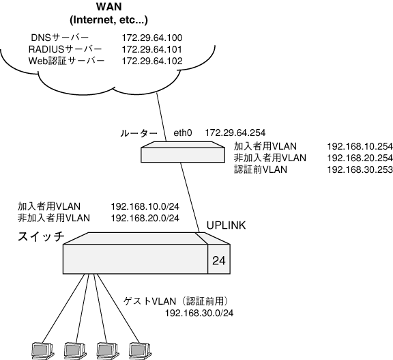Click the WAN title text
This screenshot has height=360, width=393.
tap(108, 7)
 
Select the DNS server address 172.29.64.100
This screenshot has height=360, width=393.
tap(152, 38)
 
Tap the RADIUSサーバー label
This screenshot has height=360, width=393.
tap(65, 49)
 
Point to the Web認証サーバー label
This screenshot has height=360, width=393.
tap(66, 61)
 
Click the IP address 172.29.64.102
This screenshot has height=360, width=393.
tap(152, 61)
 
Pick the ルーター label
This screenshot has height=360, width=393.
tap(139, 133)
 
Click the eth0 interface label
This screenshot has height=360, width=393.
tap(183, 133)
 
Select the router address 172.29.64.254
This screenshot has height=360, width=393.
tap(235, 133)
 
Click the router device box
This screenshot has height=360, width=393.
tap(183, 152)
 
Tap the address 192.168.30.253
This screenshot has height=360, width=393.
tap(360, 169)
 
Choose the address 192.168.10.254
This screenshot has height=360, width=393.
tap(360, 146)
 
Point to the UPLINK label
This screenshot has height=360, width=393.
tap(226, 225)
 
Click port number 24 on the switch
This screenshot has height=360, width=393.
tap(219, 261)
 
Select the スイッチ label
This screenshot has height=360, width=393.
tap(41, 236)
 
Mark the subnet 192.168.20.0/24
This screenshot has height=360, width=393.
tap(145, 219)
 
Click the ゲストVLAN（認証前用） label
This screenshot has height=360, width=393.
tap(176, 301)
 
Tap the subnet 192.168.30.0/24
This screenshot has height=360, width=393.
tap(199, 313)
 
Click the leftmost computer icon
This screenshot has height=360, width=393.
tap(43, 350)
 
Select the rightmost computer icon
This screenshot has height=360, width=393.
tap(140, 350)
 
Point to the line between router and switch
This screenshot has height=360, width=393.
tap(190, 197)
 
